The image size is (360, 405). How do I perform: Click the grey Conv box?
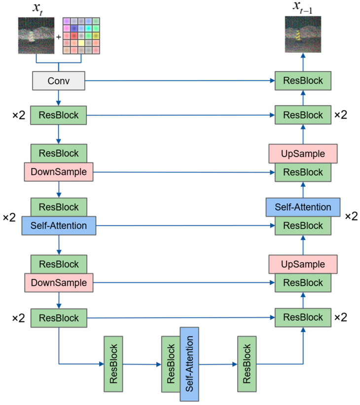pos(59,81)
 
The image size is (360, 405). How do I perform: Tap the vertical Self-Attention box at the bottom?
pos(189,364)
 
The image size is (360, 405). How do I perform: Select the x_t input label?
pos(38,8)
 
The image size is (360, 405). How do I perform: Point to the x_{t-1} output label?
pos(302,7)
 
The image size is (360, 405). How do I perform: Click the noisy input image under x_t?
pos(36,35)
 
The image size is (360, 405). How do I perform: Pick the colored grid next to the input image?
pos(81,35)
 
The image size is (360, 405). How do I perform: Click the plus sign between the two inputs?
pos(59,37)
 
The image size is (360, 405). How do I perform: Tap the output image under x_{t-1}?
pos(303,34)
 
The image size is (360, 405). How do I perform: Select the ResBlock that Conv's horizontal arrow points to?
pos(303,81)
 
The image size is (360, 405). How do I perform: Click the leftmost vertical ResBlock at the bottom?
pos(113,364)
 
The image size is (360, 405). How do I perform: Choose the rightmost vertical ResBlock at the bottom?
pos(247,364)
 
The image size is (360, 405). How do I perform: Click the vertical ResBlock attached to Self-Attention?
pos(171,364)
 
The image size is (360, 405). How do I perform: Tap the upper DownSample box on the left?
pos(59,172)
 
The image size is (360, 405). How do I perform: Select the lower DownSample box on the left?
pos(59,283)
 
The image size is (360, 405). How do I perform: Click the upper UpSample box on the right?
pos(303,154)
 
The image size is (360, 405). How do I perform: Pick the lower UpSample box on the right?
pos(303,264)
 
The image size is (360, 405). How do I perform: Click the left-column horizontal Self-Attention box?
pos(59,226)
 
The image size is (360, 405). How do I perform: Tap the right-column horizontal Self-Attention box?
pos(303,207)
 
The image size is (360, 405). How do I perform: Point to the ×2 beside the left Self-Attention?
pos(9,217)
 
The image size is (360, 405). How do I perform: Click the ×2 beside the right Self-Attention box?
pos(352,216)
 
